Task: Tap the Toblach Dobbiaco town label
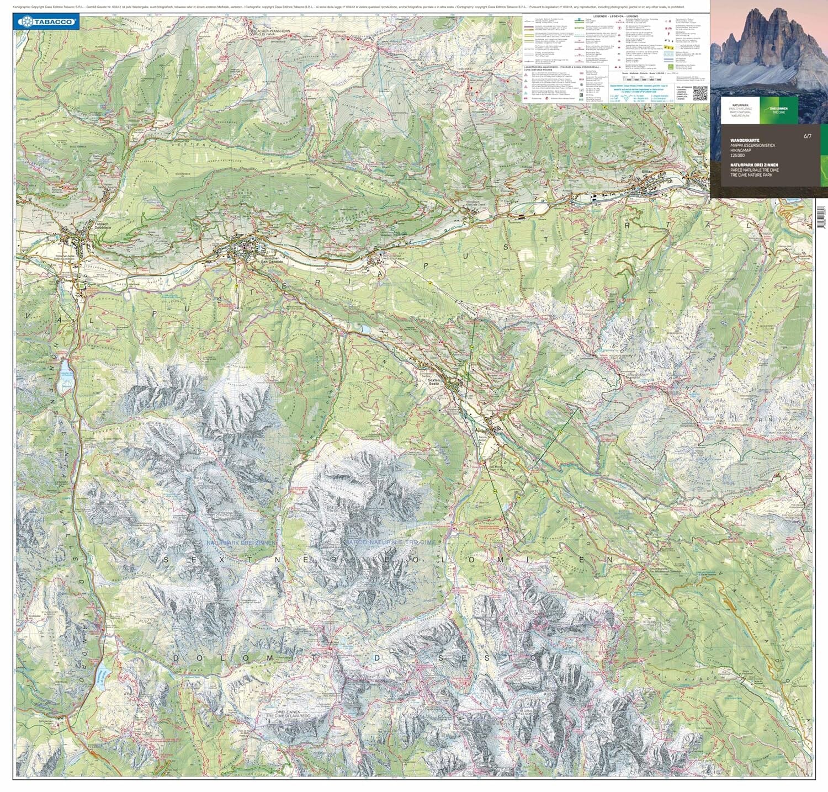103,226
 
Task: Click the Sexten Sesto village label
434,381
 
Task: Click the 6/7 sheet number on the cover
808,136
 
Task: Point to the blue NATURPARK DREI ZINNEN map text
241,543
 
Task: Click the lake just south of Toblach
67,375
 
